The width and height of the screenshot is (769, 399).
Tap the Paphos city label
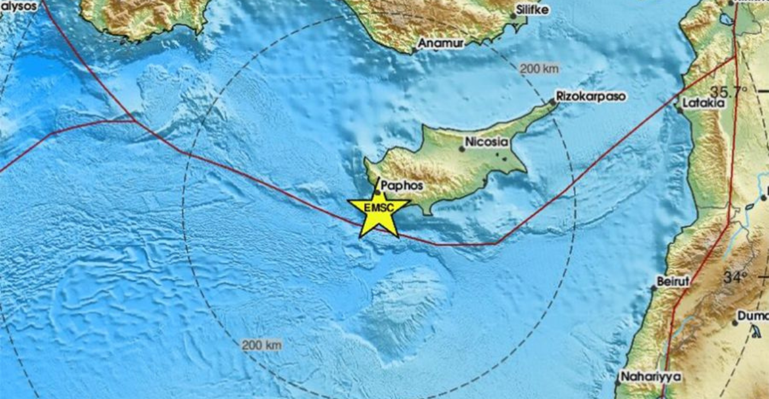[x=403, y=186]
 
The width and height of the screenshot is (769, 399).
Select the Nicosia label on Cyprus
[x=487, y=142]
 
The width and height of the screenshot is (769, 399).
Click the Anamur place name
[x=441, y=43]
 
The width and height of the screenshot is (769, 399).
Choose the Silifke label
[x=532, y=9]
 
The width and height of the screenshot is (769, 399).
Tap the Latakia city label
[x=703, y=102]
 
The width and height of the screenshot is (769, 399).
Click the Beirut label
[x=673, y=281]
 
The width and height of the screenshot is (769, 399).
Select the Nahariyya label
[x=650, y=377]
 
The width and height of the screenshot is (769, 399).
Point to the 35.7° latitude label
[x=729, y=92]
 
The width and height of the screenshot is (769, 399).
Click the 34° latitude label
[x=735, y=276]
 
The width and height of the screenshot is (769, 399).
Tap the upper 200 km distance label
[x=539, y=69]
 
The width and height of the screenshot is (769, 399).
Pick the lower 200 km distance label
[x=261, y=345]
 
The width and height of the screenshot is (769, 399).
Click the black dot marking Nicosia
[x=461, y=148]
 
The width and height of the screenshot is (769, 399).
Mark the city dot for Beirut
[x=654, y=288]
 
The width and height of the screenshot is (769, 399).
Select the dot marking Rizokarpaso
[x=552, y=102]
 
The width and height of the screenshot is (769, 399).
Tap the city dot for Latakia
[x=680, y=109]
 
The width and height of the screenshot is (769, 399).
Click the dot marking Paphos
[x=377, y=192]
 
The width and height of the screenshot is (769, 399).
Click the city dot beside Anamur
[x=415, y=50]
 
